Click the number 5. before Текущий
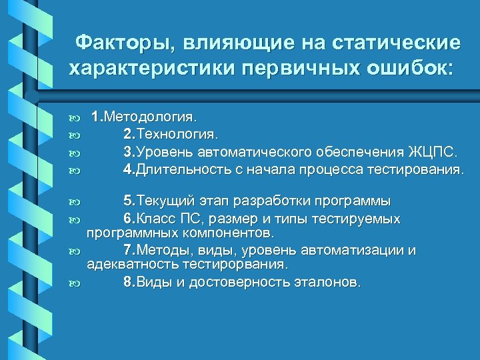[x=129, y=201]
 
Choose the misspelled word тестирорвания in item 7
[x=238, y=265]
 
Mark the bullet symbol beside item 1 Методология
[x=75, y=119]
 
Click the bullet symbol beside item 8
[x=75, y=283]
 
